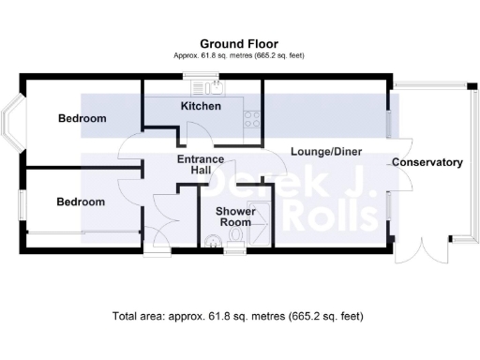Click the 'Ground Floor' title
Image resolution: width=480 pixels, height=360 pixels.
point(239,43)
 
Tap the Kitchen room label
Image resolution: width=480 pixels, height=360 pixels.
point(201,106)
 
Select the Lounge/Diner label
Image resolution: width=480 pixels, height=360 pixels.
point(325,151)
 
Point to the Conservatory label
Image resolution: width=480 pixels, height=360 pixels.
point(427,162)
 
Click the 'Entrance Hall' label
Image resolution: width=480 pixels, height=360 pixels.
point(200,166)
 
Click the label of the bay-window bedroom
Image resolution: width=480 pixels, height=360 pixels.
point(82,119)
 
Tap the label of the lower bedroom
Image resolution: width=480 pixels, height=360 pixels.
point(80,202)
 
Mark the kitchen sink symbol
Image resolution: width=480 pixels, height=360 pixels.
point(209,87)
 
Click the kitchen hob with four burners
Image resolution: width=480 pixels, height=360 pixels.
point(251,119)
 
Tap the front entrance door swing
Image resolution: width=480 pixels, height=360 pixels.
point(156,239)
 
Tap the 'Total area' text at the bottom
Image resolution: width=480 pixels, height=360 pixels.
point(237,316)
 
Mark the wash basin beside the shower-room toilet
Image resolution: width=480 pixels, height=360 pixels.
point(234,247)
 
